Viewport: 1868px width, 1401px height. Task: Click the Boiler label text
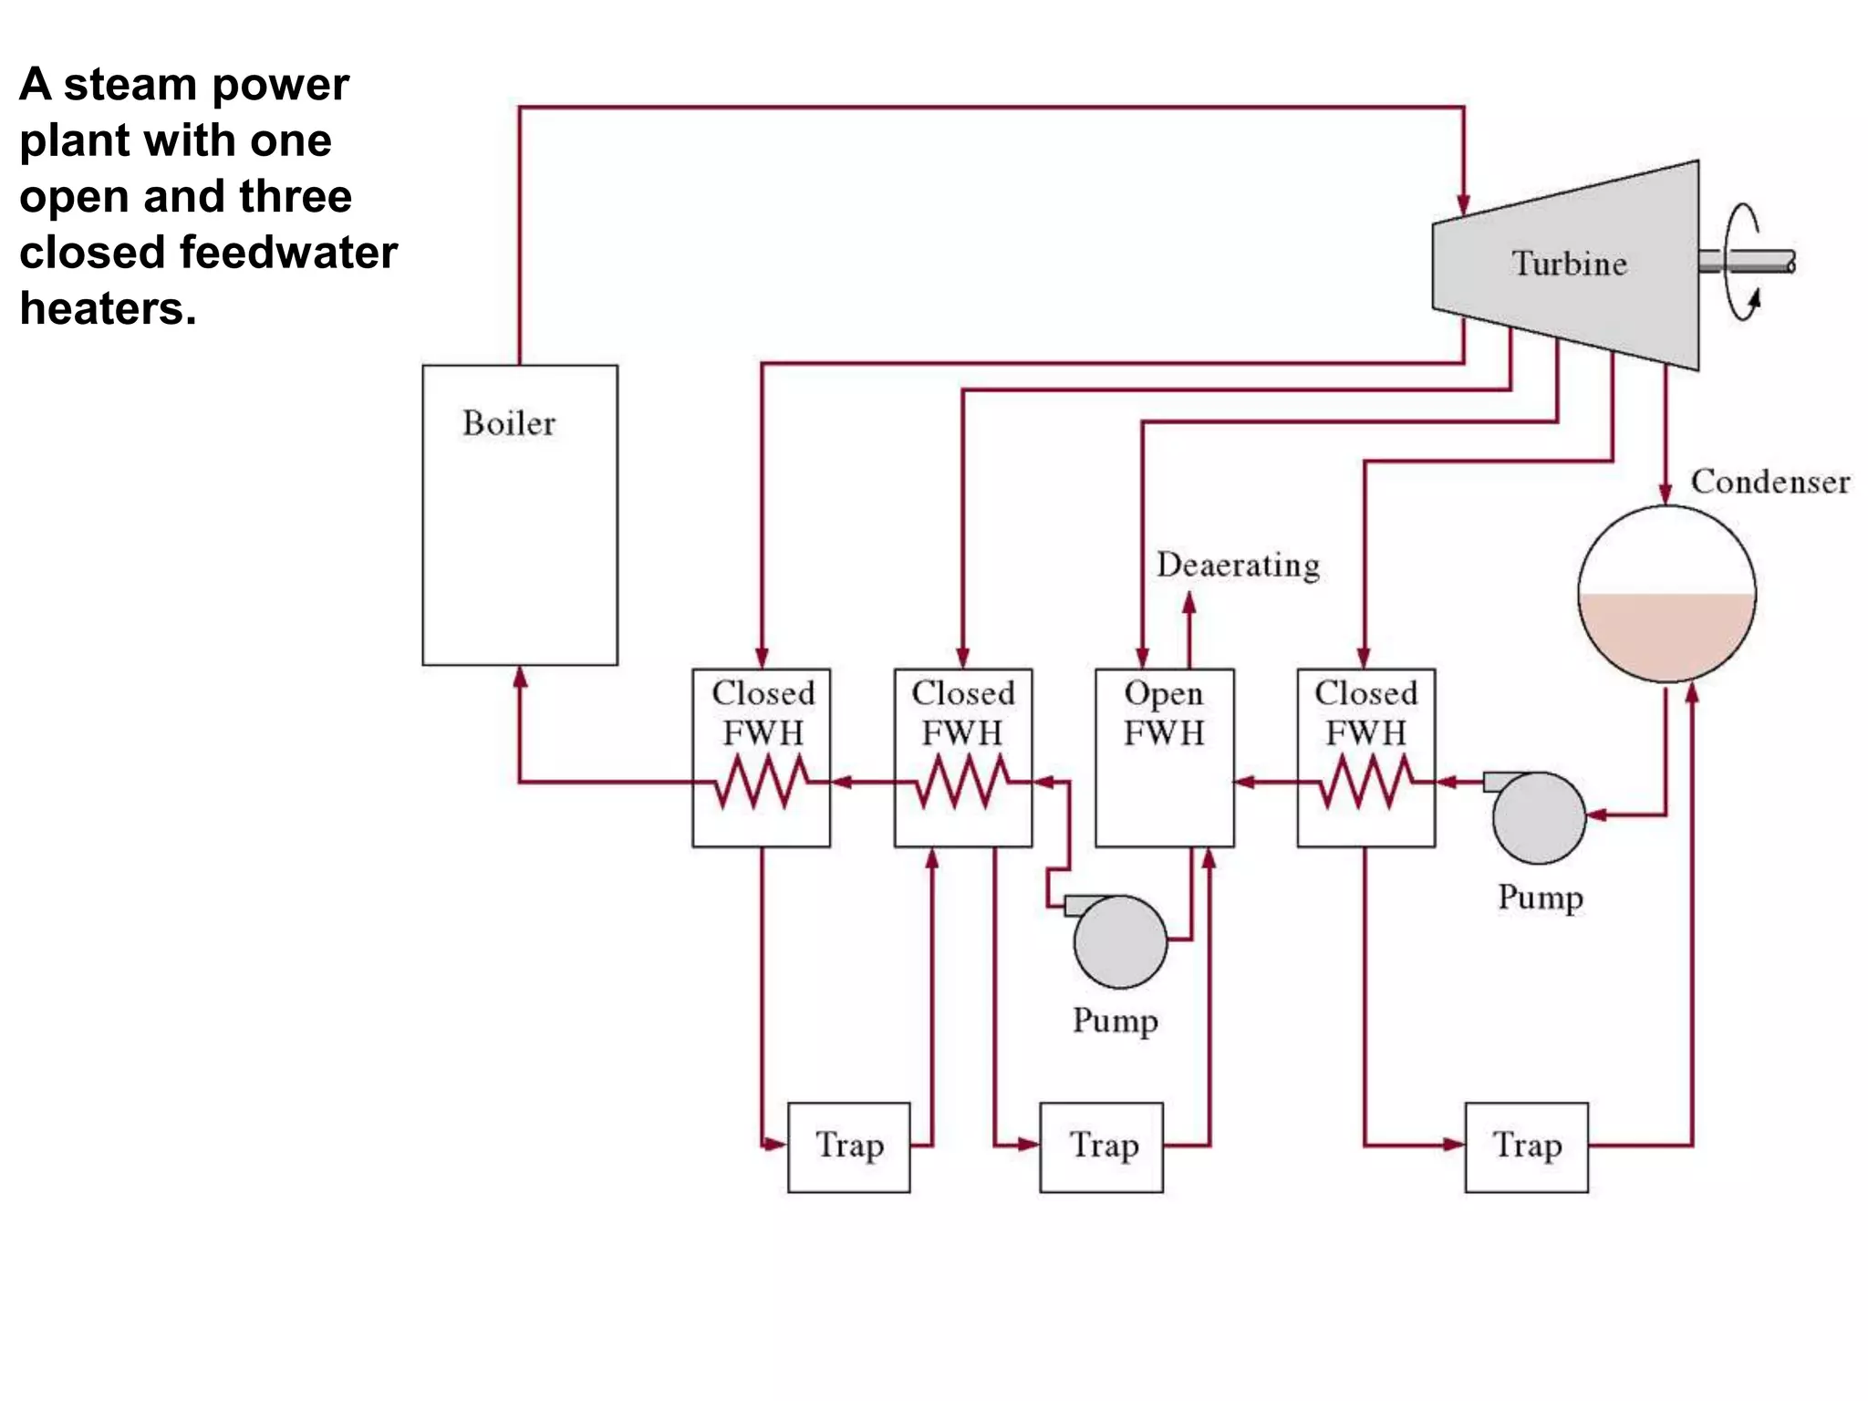pos(508,423)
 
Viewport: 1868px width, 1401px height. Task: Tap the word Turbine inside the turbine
pos(1569,264)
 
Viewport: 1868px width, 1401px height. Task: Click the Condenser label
pos(1769,482)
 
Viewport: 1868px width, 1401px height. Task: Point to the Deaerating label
pos(1238,566)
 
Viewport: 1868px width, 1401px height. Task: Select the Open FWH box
pos(1164,758)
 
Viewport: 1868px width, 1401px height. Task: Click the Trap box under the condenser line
pos(1526,1147)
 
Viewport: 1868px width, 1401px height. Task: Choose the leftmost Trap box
pos(848,1147)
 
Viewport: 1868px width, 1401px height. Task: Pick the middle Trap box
pos(1101,1147)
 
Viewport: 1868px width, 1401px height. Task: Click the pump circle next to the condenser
pos(1540,818)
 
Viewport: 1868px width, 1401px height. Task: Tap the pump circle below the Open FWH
pos(1120,942)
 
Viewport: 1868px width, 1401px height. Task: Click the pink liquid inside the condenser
pos(1666,634)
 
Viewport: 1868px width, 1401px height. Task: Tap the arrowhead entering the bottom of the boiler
pos(520,676)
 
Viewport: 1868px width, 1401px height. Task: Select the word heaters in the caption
pos(108,308)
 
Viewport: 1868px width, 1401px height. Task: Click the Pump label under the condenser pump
pos(1540,898)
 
